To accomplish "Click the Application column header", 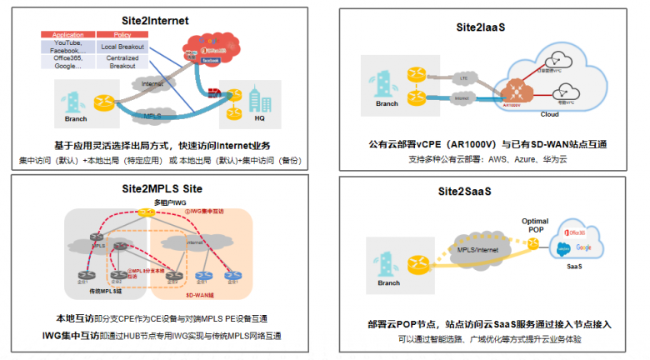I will click(x=67, y=35).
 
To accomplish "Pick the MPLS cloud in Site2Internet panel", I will click(x=153, y=116).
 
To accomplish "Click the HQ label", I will click(x=259, y=117).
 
